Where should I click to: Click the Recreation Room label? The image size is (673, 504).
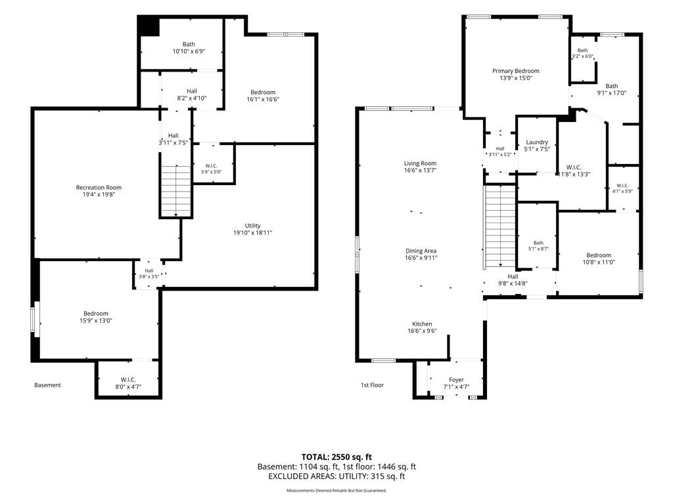(x=99, y=187)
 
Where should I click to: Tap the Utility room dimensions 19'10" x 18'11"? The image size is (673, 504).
(x=253, y=233)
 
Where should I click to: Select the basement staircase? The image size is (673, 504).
(x=175, y=191)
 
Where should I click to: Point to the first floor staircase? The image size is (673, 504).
(x=500, y=226)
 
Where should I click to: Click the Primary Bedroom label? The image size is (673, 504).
(x=515, y=71)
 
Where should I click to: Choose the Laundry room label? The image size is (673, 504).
(x=537, y=142)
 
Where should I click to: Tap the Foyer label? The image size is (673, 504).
(x=456, y=380)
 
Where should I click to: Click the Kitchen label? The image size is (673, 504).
(x=423, y=324)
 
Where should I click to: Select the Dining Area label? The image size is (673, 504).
(x=421, y=251)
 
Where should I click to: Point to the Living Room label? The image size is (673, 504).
(x=420, y=163)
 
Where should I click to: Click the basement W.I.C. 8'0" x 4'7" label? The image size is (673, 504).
(x=128, y=383)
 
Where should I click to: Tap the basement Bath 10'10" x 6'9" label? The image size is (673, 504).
(x=189, y=47)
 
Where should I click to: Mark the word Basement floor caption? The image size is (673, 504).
(x=47, y=385)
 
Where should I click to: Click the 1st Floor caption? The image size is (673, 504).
(x=372, y=385)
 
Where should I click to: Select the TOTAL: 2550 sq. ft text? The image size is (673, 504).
(x=336, y=457)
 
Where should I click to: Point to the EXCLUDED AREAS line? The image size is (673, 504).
(x=336, y=476)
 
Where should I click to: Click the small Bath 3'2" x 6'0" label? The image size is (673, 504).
(x=582, y=53)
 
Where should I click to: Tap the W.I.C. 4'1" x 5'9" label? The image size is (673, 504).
(x=622, y=188)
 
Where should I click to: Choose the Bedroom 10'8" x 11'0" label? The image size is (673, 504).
(x=599, y=259)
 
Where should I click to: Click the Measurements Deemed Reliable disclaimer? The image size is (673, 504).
(x=336, y=491)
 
